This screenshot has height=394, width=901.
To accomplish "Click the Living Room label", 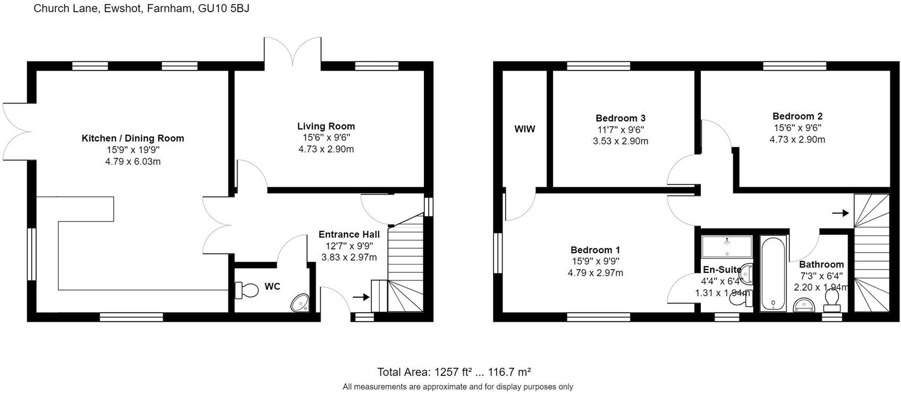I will (x=326, y=126).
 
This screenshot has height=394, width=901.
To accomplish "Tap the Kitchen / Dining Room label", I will (x=133, y=138).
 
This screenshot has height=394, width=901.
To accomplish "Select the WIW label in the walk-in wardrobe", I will (x=524, y=129).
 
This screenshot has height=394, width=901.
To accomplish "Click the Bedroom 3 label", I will (x=620, y=118).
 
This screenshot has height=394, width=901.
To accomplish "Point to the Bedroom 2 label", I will (x=797, y=116).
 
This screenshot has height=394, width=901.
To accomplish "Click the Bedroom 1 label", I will (x=595, y=250).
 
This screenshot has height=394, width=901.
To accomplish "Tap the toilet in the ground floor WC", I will (x=246, y=290).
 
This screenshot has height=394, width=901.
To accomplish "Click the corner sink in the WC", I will (x=301, y=304).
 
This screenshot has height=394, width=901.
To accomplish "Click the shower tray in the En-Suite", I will (x=727, y=247).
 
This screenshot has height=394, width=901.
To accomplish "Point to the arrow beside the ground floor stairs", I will (x=361, y=297).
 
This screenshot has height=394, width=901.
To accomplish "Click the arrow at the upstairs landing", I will (x=840, y=213).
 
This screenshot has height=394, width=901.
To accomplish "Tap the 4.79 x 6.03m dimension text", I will (x=133, y=161).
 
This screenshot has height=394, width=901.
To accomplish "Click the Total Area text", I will (x=454, y=372).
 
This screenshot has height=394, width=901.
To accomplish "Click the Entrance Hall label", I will (x=349, y=234).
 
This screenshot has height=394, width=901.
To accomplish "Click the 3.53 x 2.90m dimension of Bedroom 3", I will (x=620, y=141).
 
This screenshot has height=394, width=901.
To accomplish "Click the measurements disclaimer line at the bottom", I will (x=457, y=387).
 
